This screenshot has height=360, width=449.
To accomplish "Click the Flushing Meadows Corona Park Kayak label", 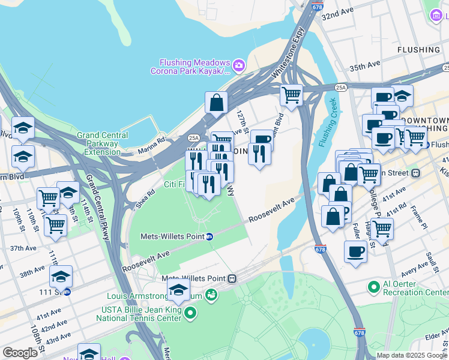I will coord(194,67).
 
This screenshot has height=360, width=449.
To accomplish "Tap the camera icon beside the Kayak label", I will coord(239,64).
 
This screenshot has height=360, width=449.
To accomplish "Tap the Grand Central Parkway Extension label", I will coord(98,143).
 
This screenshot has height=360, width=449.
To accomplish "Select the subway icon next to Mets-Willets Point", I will coord(209,236).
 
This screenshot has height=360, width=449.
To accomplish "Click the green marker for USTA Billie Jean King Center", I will coord(190,313).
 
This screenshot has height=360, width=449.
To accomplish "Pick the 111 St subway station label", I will coord(49,292).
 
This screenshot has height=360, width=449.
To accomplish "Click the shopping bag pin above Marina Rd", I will coord(216,103).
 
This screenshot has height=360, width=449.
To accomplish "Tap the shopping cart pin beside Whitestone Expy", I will coord(291,94).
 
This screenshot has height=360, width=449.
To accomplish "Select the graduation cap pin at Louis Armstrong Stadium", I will coord(178,291).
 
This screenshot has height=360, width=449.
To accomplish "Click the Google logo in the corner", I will coord(20,353).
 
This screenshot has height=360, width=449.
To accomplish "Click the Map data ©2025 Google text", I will coord(412,355).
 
